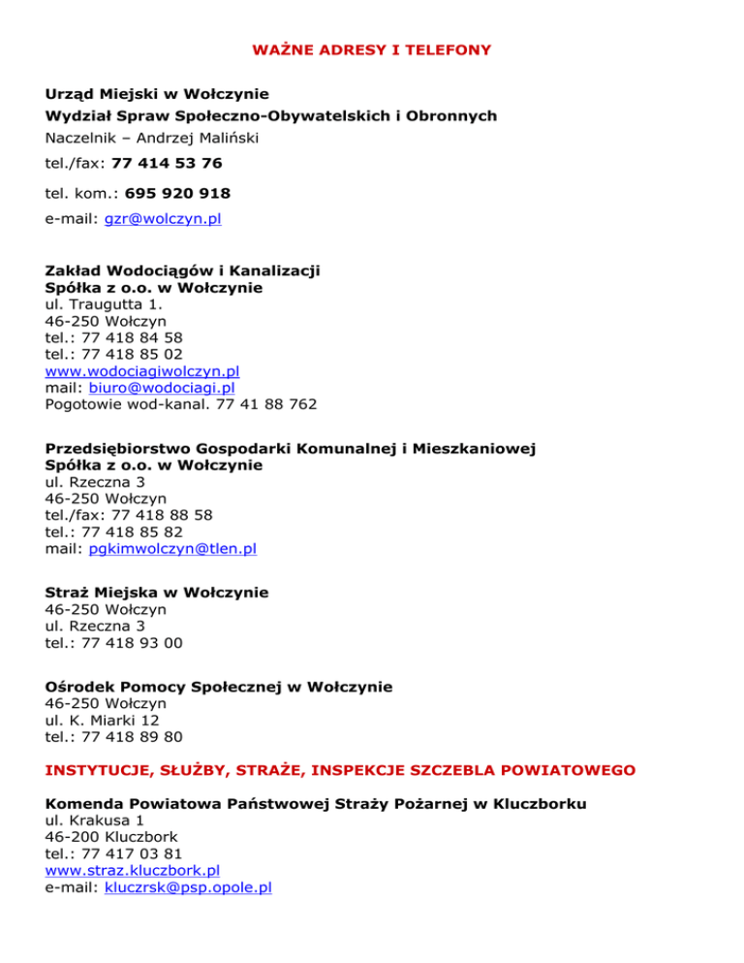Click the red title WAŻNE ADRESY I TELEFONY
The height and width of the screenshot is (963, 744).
click(x=371, y=48)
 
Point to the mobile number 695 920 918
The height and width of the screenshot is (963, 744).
click(x=177, y=194)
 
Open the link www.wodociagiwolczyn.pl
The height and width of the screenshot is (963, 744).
click(x=142, y=370)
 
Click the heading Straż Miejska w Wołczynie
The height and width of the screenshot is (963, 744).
click(x=157, y=592)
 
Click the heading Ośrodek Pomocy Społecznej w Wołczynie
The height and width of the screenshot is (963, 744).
click(x=219, y=687)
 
